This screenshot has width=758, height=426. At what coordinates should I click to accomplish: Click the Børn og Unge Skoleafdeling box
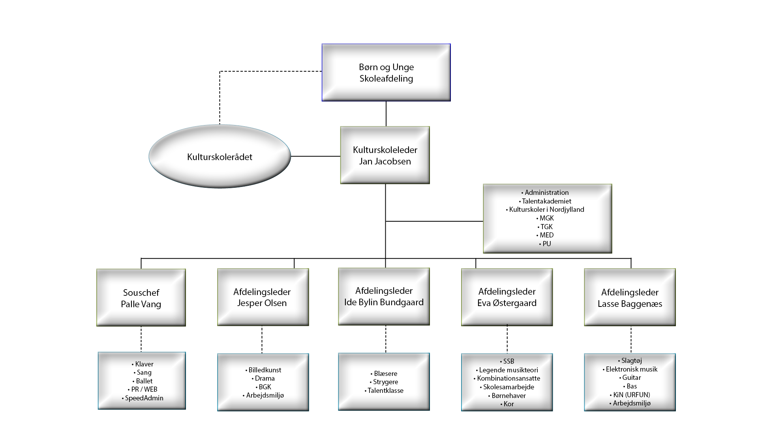click(386, 73)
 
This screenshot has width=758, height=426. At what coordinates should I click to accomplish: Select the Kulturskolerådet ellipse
click(220, 156)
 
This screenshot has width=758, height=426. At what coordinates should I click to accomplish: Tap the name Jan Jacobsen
click(385, 161)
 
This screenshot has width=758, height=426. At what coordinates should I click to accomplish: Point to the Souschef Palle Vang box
click(141, 298)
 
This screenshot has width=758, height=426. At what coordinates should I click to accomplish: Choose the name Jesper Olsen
click(262, 303)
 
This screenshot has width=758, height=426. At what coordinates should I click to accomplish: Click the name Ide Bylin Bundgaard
click(384, 302)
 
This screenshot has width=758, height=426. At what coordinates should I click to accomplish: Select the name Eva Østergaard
click(507, 303)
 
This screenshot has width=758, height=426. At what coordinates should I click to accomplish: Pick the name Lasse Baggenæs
click(630, 304)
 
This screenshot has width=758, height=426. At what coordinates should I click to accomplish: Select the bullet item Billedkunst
click(263, 370)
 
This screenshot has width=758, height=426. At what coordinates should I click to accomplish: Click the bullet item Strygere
click(384, 382)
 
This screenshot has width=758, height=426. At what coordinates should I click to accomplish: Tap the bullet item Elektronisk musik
click(630, 369)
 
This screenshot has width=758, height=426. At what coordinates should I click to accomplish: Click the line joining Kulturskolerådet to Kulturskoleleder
click(316, 156)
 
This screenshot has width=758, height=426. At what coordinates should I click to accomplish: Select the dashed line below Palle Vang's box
click(141, 339)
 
